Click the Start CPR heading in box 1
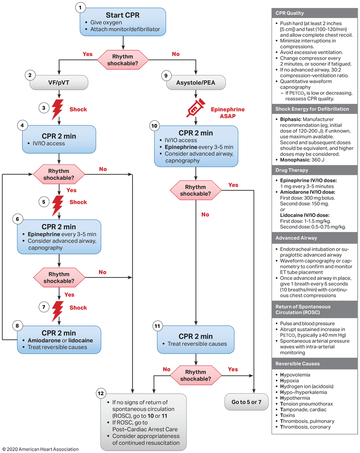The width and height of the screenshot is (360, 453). pos(123,15)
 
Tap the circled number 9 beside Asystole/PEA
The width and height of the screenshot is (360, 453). pos(166,76)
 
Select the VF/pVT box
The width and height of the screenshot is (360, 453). pos(59,83)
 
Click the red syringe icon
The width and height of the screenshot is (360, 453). pos(195,108)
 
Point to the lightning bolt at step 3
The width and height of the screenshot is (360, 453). pos(57,110)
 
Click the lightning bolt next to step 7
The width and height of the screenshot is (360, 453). pos(58,311)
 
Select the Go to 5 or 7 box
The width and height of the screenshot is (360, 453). pos(247,402)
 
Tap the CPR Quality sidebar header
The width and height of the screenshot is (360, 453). pos(315,13)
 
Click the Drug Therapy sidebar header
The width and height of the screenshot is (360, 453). pos(315,170)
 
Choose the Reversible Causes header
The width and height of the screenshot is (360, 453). pos(315,364)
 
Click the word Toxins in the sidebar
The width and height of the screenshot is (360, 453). pos(287,415)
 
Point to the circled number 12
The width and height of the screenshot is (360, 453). pos(101,394)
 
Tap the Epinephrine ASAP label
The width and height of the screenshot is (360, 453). pos(228,112)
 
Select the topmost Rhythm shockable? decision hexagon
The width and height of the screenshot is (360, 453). pos(123,60)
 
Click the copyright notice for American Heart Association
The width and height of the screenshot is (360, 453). pos(40,449)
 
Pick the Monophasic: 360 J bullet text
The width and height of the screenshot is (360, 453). pos(302,160)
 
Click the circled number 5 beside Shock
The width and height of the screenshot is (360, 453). pos(44,202)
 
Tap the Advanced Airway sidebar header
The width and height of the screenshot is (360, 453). pos(315,238)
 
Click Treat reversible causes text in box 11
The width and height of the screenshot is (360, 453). pos(197,344)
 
